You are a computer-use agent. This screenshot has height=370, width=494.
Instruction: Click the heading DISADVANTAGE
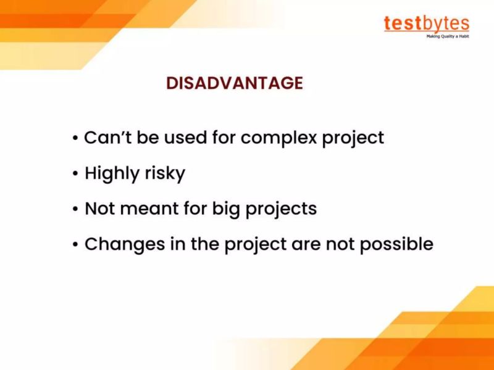(235, 83)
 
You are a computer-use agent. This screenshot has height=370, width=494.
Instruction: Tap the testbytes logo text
(426, 23)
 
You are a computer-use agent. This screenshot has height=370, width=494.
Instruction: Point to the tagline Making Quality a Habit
(447, 36)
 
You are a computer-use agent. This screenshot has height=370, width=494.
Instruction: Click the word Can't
(106, 137)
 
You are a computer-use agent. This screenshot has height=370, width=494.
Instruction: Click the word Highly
(111, 174)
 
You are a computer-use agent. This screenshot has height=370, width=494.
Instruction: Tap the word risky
(165, 174)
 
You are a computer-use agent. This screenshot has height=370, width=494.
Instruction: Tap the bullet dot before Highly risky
(75, 175)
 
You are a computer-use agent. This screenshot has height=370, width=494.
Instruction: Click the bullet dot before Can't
(75, 138)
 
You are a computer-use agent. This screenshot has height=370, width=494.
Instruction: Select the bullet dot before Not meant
(75, 210)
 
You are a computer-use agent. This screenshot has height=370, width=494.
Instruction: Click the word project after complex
(353, 138)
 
